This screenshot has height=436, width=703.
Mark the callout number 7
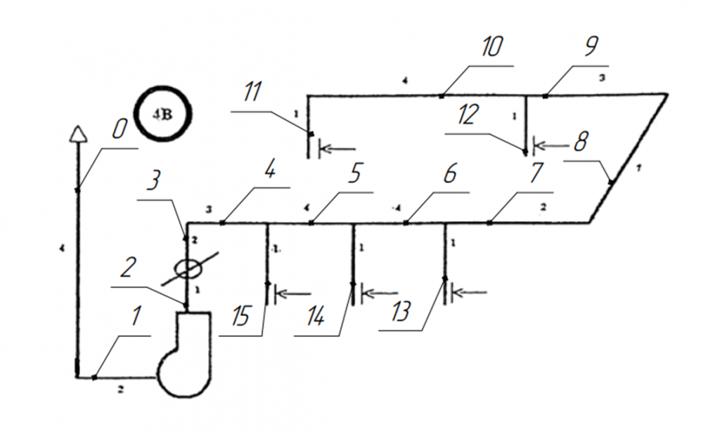536,173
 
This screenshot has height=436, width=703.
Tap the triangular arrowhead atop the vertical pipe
76,133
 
